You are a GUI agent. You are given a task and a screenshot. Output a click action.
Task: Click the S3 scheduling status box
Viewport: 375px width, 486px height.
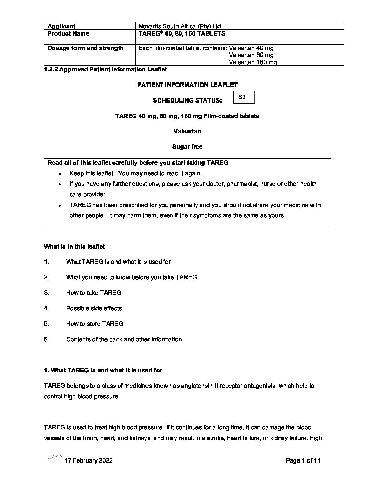(244, 97)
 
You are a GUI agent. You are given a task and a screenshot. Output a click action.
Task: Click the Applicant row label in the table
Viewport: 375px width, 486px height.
(61, 26)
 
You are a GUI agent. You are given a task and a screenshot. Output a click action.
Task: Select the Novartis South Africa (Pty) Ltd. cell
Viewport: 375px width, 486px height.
(180, 26)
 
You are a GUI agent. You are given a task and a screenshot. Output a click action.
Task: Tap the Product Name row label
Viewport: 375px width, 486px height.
(68, 33)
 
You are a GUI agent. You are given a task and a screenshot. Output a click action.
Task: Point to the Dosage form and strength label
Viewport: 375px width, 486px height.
(85, 48)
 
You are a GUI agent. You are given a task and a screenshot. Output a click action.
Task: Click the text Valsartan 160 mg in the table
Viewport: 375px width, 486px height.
(253, 62)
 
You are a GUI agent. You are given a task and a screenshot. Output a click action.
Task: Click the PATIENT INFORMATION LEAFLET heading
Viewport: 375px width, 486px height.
(187, 85)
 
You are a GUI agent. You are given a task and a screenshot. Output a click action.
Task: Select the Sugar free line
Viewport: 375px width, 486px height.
(187, 147)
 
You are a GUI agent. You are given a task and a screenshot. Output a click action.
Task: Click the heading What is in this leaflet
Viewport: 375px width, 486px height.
(74, 246)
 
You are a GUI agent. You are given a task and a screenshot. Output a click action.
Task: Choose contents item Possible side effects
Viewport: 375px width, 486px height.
(94, 308)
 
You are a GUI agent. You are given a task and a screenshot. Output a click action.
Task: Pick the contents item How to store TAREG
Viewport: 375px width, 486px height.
(95, 324)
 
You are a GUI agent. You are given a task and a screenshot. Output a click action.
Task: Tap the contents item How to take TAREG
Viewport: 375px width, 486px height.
(94, 293)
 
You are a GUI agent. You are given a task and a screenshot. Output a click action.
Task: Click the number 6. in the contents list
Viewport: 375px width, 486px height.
(47, 339)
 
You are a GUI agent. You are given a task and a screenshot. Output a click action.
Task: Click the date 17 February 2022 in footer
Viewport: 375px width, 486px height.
(88, 460)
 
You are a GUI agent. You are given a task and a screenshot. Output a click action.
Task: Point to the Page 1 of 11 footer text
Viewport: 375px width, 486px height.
(303, 460)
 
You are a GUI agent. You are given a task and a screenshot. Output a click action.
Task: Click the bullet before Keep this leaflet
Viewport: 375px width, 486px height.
(60, 174)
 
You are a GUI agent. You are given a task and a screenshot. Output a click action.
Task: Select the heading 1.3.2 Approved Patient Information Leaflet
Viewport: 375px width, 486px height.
(105, 69)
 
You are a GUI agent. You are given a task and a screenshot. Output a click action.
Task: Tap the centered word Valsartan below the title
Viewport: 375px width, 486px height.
(187, 131)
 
